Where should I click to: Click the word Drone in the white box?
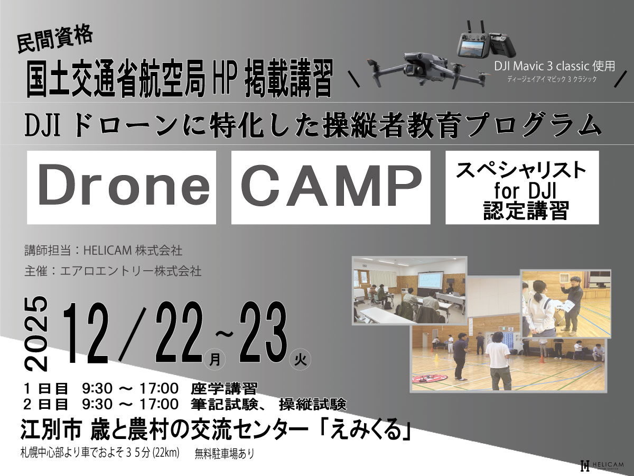(x=124, y=185)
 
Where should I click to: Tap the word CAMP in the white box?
(x=331, y=185)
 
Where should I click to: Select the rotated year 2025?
(x=36, y=334)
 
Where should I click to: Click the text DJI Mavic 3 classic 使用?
(x=554, y=66)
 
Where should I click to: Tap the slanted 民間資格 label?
(x=55, y=39)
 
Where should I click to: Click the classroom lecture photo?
(x=409, y=290)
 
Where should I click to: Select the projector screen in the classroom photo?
(x=429, y=280)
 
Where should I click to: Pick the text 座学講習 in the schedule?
(x=224, y=389)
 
